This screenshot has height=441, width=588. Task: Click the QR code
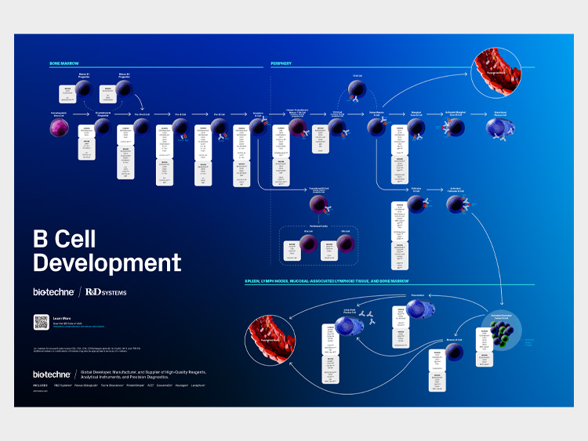[x=42, y=323]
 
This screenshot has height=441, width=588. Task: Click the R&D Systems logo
[x=106, y=292]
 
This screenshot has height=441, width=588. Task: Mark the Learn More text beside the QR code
[x=61, y=317]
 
